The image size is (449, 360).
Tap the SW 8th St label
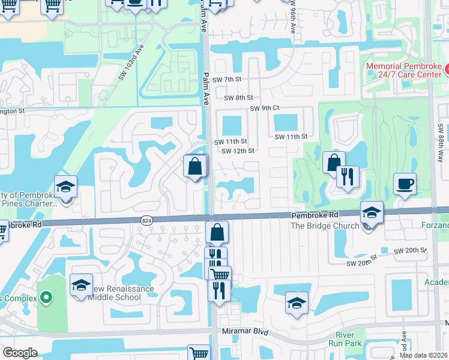pyautogui.click(x=239, y=97)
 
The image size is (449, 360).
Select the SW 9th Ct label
pyautogui.click(x=265, y=109)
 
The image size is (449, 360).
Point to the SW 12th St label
pyautogui.click(x=238, y=151)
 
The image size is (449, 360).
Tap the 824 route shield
pyautogui.click(x=146, y=221)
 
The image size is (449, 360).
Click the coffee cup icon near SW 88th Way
pyautogui.click(x=405, y=184)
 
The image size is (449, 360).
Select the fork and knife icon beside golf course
pyautogui.click(x=348, y=176)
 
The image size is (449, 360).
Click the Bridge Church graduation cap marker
pyautogui.click(x=372, y=212)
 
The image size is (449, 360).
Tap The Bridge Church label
pyautogui.click(x=324, y=226)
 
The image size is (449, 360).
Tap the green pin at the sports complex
pyautogui.click(x=46, y=296)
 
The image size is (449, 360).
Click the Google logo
pyautogui.click(x=20, y=353)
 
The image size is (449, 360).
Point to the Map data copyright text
pyautogui.click(x=423, y=355)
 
